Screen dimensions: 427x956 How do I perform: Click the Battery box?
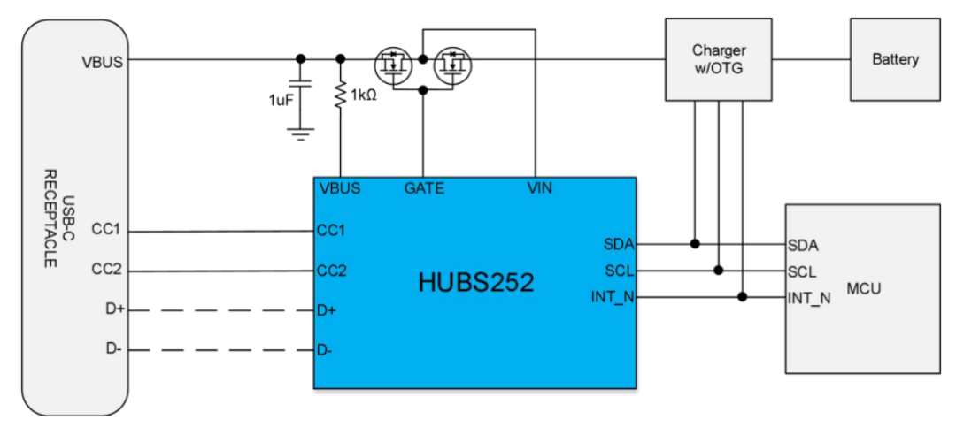(x=895, y=60)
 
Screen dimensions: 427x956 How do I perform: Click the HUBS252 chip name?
(x=477, y=283)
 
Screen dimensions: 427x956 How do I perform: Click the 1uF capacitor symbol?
(x=301, y=91)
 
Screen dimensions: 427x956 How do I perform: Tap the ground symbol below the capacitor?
(x=301, y=133)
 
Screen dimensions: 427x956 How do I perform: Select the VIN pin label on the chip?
(x=539, y=188)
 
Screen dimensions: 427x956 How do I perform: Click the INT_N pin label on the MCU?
(x=809, y=297)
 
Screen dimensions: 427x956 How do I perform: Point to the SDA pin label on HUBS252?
(x=620, y=244)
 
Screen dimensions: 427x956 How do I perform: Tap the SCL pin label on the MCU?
(x=802, y=271)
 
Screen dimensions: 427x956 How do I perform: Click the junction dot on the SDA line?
(x=696, y=243)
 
